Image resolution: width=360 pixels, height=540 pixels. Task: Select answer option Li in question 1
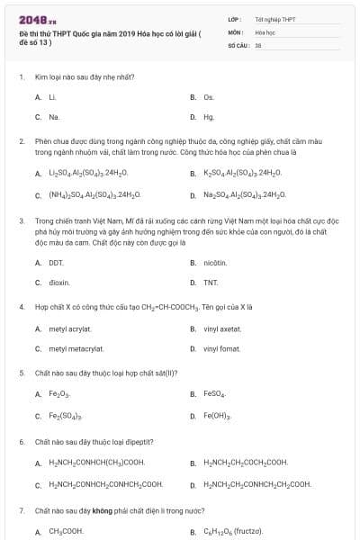click(53, 97)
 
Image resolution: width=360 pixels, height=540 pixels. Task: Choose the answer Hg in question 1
click(209, 117)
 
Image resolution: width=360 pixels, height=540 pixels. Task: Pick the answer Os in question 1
click(209, 97)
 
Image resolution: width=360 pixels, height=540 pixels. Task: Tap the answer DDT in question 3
click(57, 263)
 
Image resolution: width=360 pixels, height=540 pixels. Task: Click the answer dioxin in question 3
click(58, 283)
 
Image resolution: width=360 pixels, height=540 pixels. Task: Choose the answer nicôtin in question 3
click(216, 263)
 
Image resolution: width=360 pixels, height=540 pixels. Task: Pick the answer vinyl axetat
click(221, 329)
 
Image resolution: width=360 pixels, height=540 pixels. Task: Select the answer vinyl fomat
click(221, 348)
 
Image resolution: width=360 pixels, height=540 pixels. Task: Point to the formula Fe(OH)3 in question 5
click(217, 416)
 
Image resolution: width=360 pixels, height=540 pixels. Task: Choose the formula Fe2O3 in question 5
click(59, 395)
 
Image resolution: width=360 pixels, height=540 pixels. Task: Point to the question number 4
click(21, 307)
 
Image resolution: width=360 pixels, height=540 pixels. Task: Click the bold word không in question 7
click(100, 510)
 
